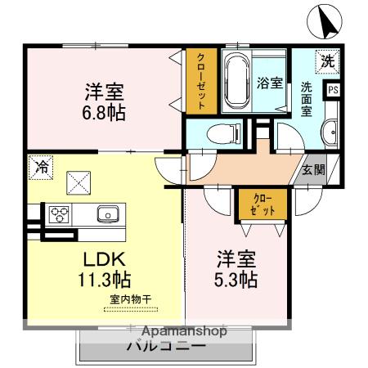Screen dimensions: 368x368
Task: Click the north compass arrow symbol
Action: pos(325,21)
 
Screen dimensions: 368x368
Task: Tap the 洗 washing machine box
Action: pos(327,60)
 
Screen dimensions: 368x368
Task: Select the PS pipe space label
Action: pos(334,90)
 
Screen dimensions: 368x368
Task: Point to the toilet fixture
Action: pos(221,132)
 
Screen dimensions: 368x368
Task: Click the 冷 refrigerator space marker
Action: pos(39,166)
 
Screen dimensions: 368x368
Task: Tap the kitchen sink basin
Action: pos(107,215)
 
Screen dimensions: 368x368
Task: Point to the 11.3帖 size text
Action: pos(105,280)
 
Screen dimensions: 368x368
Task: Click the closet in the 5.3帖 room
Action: pos(258,204)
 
